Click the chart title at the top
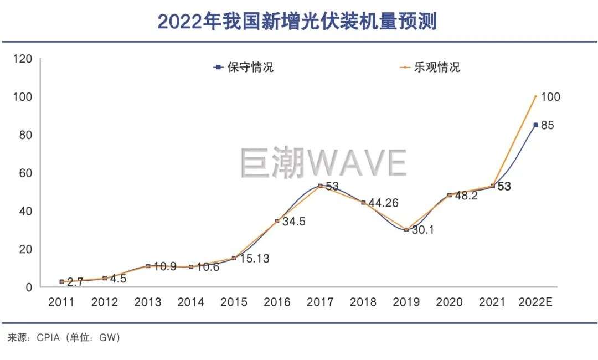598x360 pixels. [x=298, y=21]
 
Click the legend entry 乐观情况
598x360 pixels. [x=437, y=68]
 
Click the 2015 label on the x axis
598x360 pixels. [x=234, y=302]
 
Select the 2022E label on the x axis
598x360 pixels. [x=535, y=302]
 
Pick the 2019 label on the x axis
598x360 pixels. [x=406, y=302]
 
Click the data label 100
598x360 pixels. [x=550, y=97]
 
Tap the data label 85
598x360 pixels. [x=548, y=126]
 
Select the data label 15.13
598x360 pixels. [x=254, y=259]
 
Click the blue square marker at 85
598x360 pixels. [x=535, y=125]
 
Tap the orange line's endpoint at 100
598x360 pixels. [x=535, y=96]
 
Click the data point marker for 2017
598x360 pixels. [x=320, y=186]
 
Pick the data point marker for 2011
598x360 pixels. [x=61, y=282]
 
